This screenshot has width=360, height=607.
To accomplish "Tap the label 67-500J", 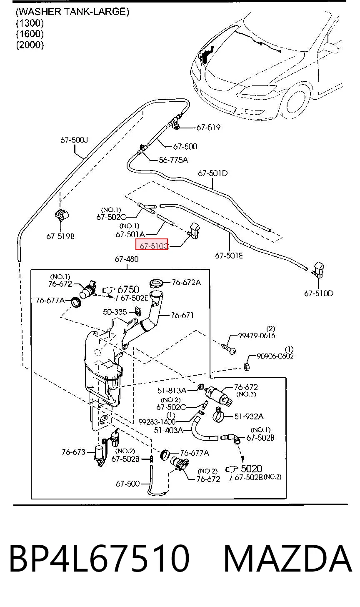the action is click(74, 140).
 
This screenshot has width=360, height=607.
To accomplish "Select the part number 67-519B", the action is click(60, 236).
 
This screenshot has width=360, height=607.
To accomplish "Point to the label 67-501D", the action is click(212, 173).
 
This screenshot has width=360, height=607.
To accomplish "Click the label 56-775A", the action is click(173, 160).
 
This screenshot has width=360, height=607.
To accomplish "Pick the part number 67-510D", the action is click(319, 293).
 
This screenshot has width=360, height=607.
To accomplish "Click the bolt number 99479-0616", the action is click(257, 336).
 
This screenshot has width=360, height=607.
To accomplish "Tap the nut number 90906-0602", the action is click(275, 356).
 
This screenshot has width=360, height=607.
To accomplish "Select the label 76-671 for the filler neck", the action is click(182, 315).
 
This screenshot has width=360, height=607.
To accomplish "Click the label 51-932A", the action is click(249, 416).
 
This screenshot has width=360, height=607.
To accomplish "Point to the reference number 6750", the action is click(128, 289).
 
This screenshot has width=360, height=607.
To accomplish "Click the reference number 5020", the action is click(251, 469).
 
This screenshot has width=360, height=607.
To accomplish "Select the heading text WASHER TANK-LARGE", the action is click(72, 12).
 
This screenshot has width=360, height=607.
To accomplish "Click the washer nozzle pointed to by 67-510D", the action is click(318, 270).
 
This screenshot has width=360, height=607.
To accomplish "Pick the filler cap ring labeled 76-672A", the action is click(157, 283).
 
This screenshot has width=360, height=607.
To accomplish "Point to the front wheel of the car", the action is click(296, 102).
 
